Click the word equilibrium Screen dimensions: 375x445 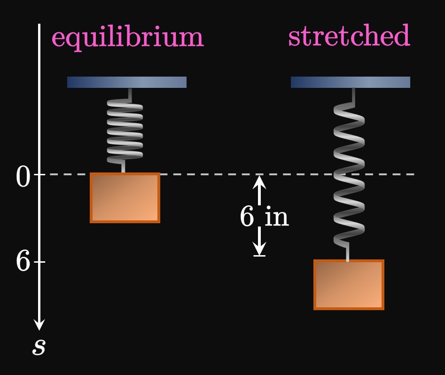[x=127, y=38]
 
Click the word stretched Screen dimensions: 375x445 [x=349, y=37]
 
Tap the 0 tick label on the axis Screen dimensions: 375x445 [x=23, y=178]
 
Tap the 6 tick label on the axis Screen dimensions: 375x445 [x=23, y=261]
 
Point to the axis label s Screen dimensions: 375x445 [x=39, y=347]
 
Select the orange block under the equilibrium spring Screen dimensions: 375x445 [x=125, y=197]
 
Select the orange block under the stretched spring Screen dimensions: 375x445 [x=349, y=284]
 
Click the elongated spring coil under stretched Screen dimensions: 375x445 [x=349, y=174]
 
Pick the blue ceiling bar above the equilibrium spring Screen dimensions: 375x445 [x=127, y=82]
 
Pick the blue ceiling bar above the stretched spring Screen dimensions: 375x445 [x=351, y=82]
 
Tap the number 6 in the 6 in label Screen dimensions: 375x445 [x=247, y=217]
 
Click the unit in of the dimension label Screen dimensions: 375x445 [x=276, y=217]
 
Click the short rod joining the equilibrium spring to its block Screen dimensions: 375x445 [x=123, y=167]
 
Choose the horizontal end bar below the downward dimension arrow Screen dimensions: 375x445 [x=259, y=256]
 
